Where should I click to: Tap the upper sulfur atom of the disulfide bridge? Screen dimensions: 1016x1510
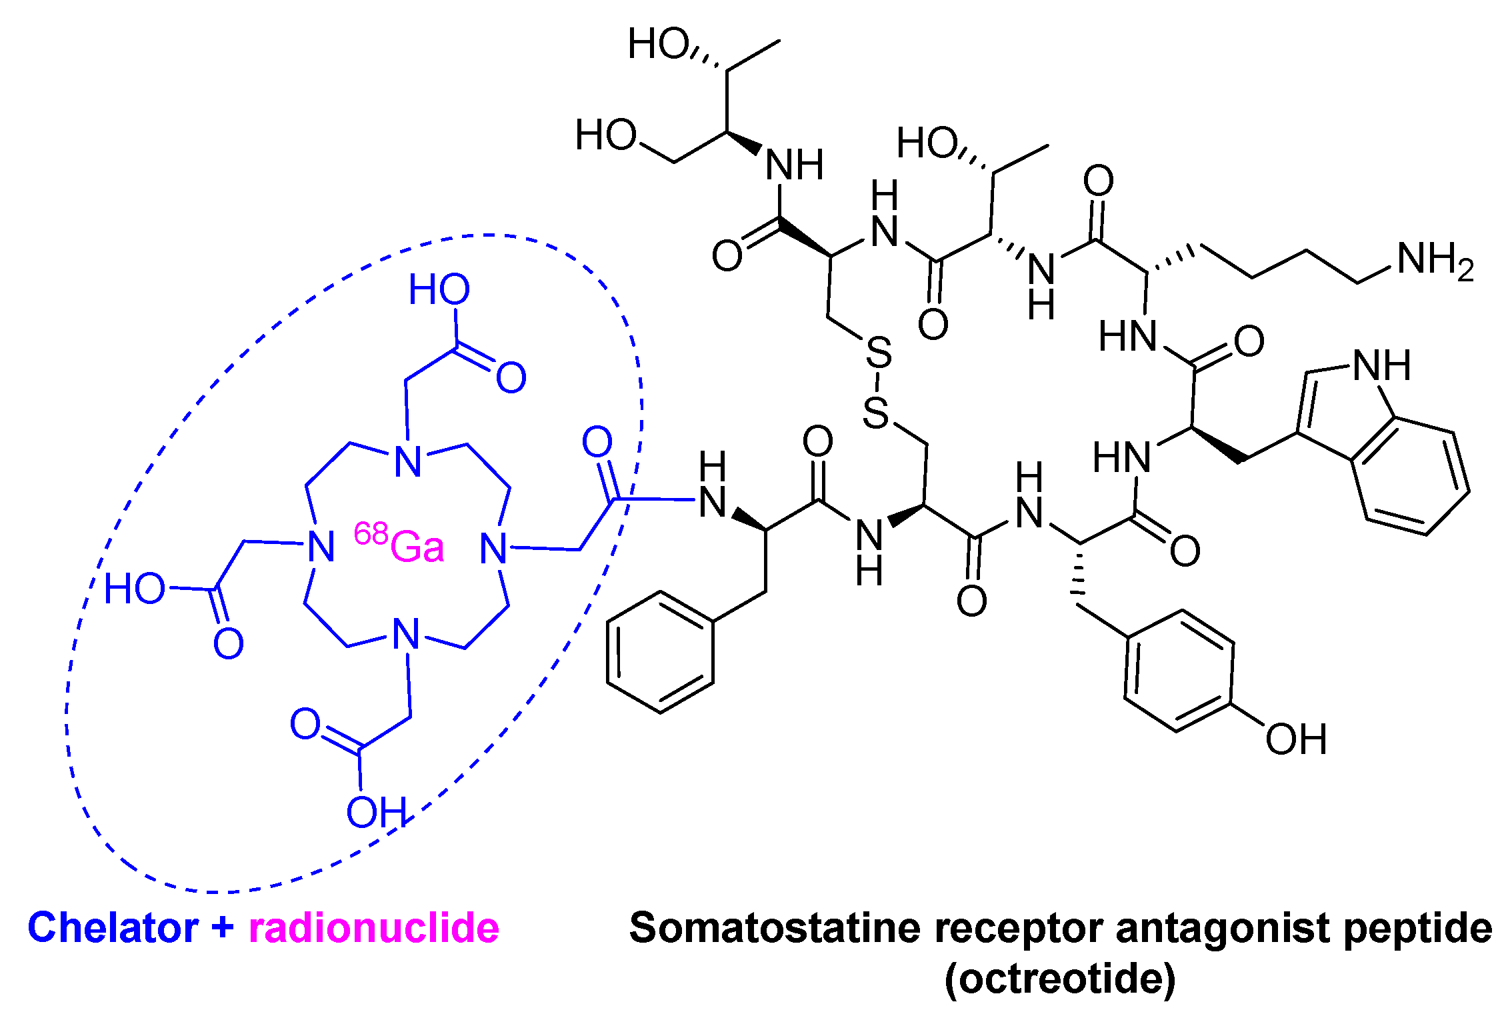coord(879,353)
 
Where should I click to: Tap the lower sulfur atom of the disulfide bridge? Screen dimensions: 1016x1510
coord(876,413)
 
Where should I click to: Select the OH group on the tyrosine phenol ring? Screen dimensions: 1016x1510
coord(1296,740)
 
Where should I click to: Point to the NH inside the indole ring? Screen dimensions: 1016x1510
coord(1381,366)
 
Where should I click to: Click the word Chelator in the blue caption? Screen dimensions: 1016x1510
coord(113,928)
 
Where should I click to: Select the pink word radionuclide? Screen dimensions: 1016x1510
coord(373,928)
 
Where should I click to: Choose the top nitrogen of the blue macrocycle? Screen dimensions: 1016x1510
coord(408,461)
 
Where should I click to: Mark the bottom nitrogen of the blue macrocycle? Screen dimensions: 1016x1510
coord(407,634)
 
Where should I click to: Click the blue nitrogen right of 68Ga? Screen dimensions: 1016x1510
coord(494,549)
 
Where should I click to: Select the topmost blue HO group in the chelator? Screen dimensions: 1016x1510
coord(439,290)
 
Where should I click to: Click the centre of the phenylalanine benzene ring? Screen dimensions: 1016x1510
coord(660,652)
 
